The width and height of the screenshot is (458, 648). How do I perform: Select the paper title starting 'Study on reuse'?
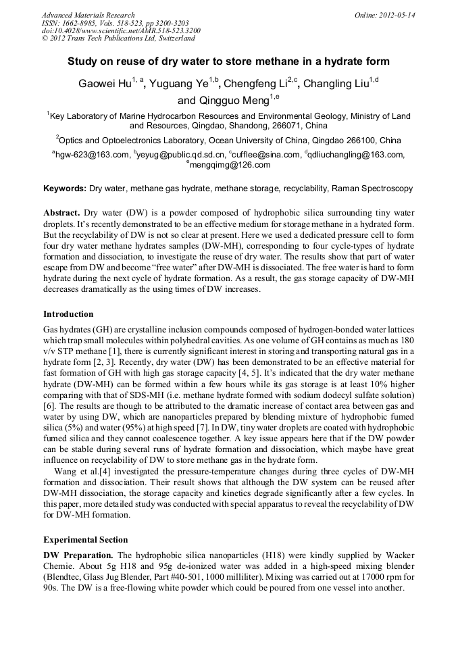(x=228, y=61)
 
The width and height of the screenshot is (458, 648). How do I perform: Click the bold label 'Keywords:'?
(x=65, y=188)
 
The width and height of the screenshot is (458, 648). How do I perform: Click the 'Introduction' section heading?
(x=69, y=314)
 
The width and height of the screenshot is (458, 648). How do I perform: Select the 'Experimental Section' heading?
(x=86, y=540)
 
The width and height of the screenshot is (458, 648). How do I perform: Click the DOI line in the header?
(x=121, y=31)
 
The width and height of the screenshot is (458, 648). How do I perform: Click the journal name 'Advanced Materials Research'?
(x=88, y=15)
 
